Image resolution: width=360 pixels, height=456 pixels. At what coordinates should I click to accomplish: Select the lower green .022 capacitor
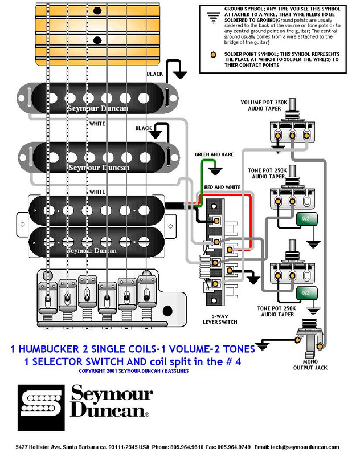pyautogui.click(x=305, y=293)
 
